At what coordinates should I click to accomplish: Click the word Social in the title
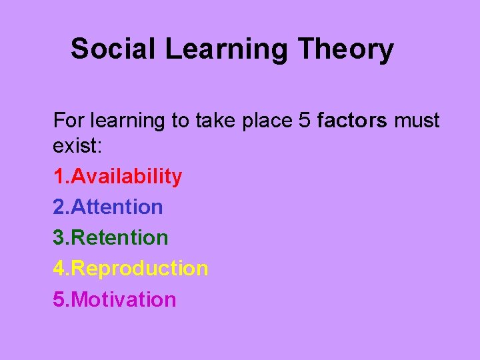coord(113,49)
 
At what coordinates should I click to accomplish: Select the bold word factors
coord(353,121)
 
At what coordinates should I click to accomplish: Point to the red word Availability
coord(126,177)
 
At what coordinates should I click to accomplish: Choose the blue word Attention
coord(117,207)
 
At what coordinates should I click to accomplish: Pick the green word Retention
coord(119,237)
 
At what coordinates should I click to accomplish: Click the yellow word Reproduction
coord(139,269)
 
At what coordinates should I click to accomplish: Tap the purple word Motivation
coord(123,299)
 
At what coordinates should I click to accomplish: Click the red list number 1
coord(59,177)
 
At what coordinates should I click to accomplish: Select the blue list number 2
coord(59,207)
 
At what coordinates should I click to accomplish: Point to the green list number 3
coord(59,237)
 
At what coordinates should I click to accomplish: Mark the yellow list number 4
coord(59,269)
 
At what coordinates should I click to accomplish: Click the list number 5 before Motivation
coord(59,299)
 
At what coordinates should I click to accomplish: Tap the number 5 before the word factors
coord(305,121)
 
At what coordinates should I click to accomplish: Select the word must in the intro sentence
coord(417,121)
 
